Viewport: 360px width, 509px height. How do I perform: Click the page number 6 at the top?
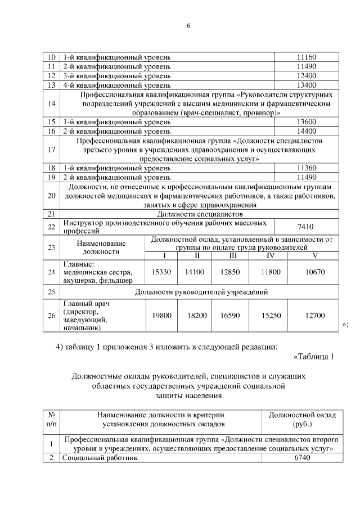coord(189,26)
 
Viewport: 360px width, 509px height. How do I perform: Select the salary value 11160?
coord(307,57)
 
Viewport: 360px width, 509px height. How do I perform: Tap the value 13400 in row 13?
coord(307,85)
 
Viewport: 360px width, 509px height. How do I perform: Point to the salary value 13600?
coord(307,121)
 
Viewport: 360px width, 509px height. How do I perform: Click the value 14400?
coord(307,130)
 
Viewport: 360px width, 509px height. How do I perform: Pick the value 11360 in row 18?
coord(307,168)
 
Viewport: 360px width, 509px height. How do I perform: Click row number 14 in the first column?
coord(52,103)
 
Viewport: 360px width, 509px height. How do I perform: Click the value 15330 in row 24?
coord(161,272)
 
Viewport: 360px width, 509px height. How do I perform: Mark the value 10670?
coord(315,272)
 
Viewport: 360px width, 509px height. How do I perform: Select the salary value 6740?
coord(302,458)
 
